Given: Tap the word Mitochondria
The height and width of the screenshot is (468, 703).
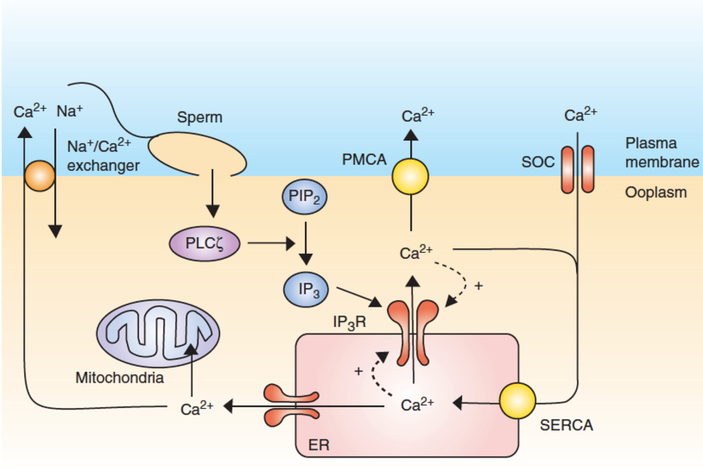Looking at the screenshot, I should [119, 377].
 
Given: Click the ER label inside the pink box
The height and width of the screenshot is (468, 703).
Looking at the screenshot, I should [318, 446].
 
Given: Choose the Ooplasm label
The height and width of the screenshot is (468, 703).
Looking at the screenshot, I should [656, 193].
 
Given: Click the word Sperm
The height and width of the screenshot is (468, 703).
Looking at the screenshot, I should [200, 118].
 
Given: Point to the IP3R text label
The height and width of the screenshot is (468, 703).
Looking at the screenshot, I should [351, 321].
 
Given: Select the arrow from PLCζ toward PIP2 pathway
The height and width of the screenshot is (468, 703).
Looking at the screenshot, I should [271, 242].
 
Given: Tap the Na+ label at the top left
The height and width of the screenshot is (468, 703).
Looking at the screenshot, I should [70, 112].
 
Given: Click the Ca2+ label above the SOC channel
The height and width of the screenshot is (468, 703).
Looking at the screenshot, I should [580, 115].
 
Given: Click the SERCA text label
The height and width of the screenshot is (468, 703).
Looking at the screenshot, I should [566, 425].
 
